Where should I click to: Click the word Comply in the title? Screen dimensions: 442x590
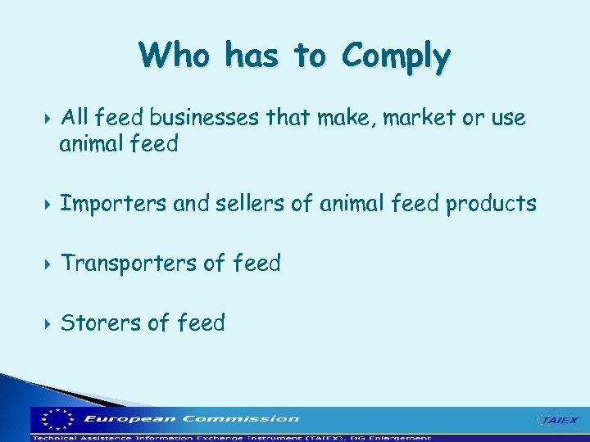pyautogui.click(x=396, y=56)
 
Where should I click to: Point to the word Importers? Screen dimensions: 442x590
pyautogui.click(x=114, y=203)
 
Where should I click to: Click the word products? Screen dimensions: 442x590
pyautogui.click(x=491, y=203)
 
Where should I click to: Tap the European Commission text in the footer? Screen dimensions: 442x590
pyautogui.click(x=192, y=419)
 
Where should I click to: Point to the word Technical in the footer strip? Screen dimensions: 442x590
pyautogui.click(x=55, y=437)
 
